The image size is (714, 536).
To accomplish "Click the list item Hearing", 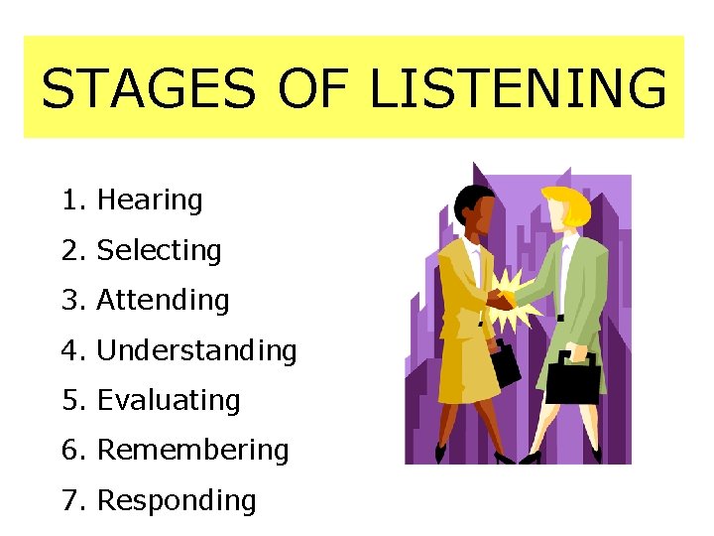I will (x=150, y=201).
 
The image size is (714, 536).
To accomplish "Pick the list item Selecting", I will (x=159, y=250).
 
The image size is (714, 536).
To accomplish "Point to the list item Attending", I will (x=163, y=300).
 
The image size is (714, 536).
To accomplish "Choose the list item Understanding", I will (x=196, y=350).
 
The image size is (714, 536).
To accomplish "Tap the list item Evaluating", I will (x=169, y=400).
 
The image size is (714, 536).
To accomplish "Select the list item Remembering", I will (x=192, y=450).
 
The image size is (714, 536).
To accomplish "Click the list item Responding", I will (x=177, y=500).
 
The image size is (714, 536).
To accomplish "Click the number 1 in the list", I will (x=68, y=201).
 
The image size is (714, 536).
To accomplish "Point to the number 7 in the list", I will (x=68, y=500).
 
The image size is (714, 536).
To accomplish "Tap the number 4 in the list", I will (x=68, y=350).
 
